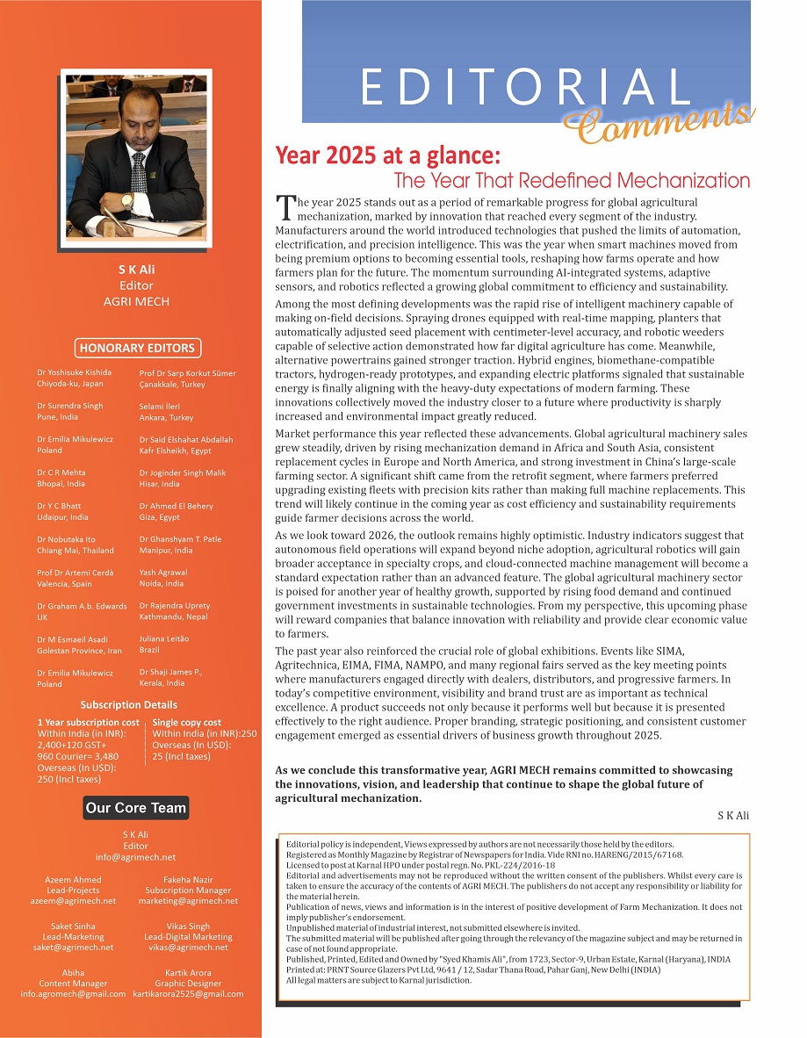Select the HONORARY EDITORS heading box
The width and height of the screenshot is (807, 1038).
(x=136, y=348)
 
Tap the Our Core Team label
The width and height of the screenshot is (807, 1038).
(x=136, y=808)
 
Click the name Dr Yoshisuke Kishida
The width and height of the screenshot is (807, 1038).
(x=75, y=373)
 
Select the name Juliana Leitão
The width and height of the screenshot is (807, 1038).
(x=164, y=638)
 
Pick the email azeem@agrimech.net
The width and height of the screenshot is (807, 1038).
(x=73, y=901)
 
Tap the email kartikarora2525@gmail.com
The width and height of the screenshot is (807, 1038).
(x=188, y=994)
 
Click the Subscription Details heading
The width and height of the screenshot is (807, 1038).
(x=128, y=704)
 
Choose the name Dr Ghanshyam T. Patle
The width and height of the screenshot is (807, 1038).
(x=180, y=539)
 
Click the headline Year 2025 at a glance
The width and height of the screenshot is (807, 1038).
(x=387, y=156)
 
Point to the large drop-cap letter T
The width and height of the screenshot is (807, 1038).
(x=285, y=208)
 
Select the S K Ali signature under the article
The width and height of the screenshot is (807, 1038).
(x=733, y=816)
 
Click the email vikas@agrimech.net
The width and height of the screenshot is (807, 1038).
(x=188, y=948)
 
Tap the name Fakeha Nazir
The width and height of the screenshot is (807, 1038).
(x=188, y=879)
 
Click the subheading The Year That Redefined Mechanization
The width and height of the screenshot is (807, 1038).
(x=572, y=181)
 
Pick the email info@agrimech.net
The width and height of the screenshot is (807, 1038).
(x=135, y=857)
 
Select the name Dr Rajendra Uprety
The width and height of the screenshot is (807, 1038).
(x=175, y=605)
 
